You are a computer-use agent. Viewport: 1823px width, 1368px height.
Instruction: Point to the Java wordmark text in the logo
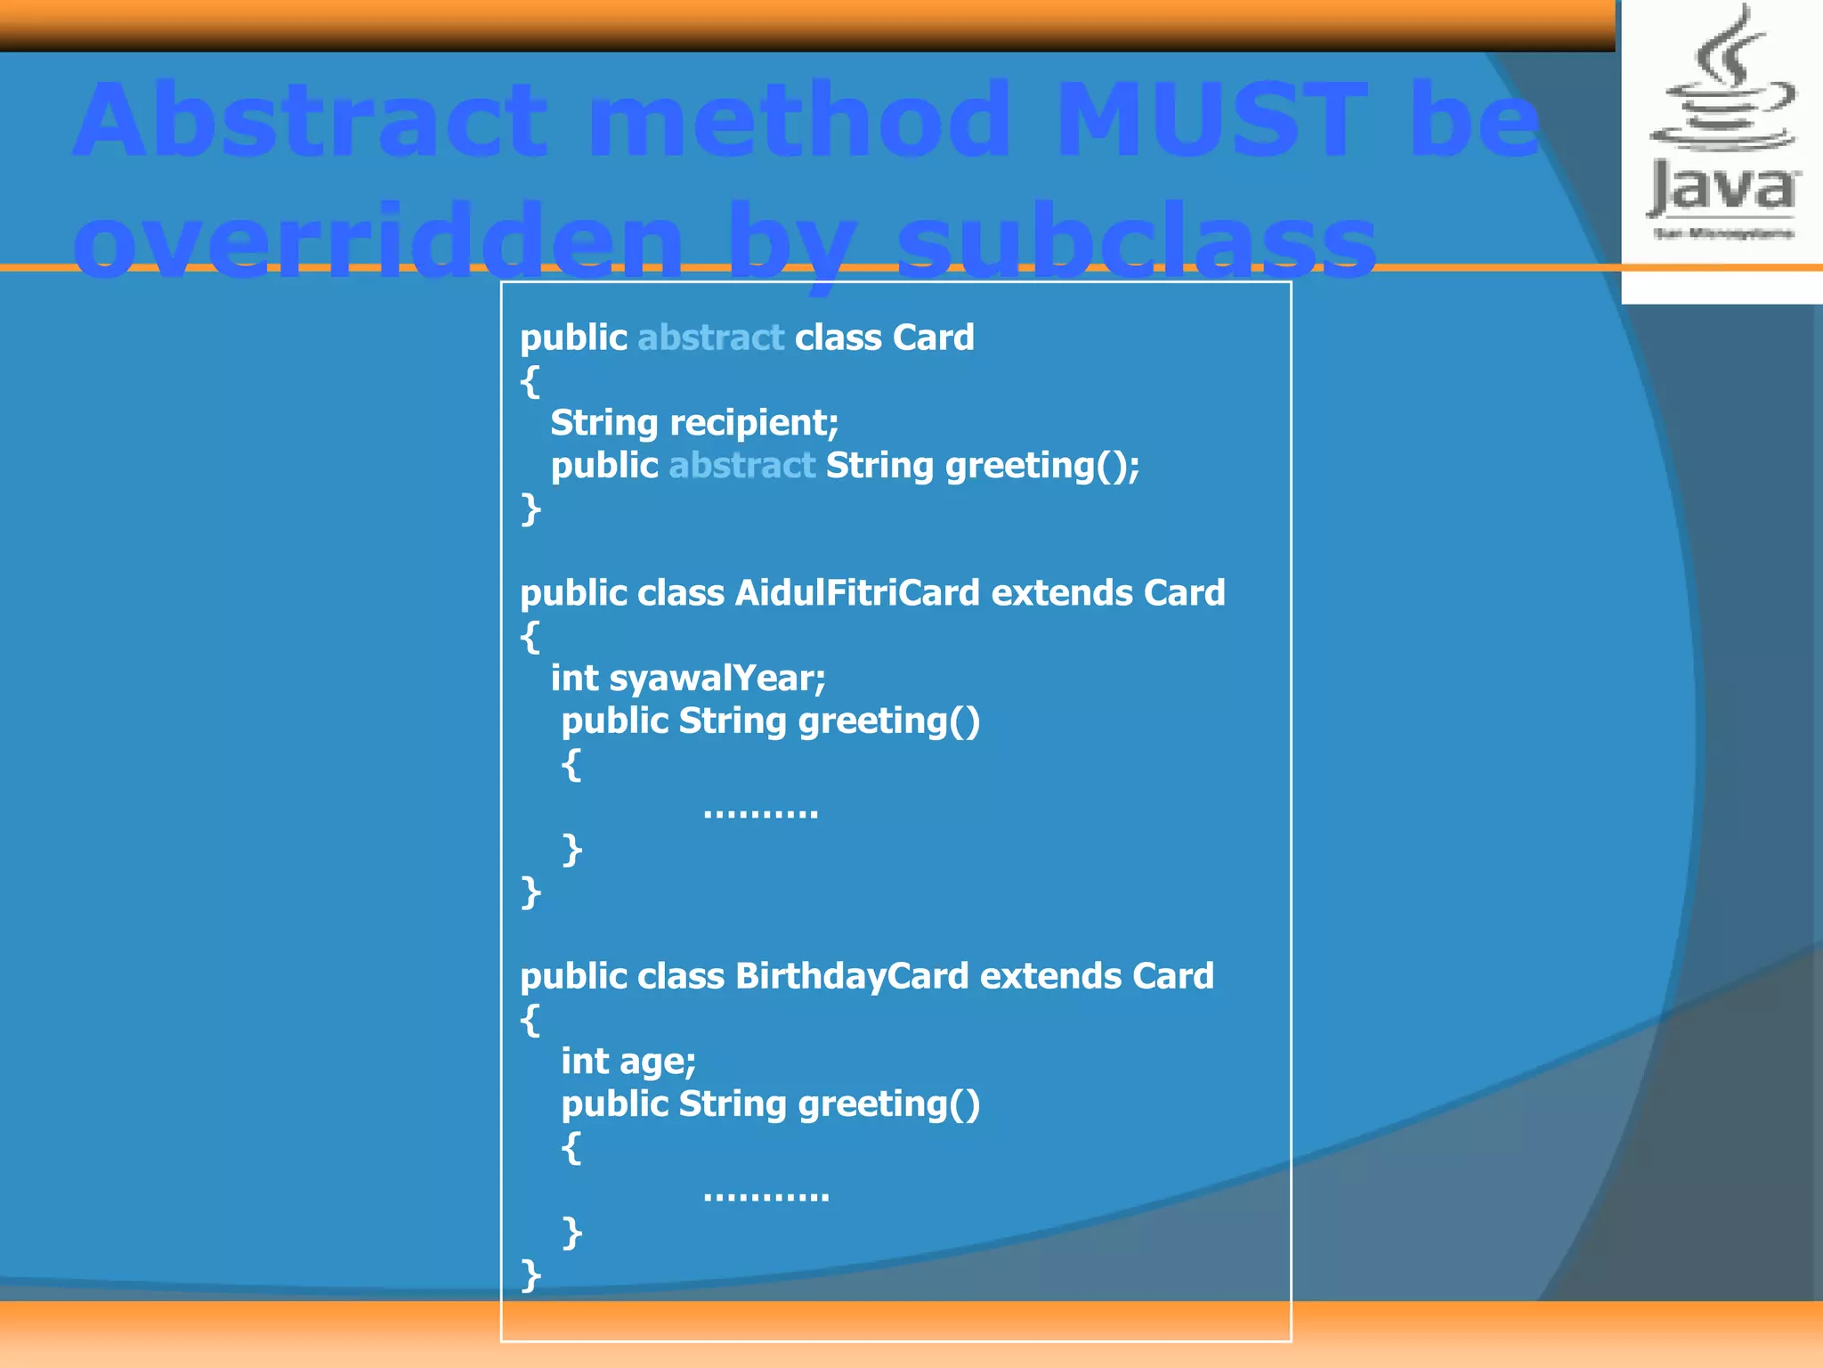tap(1722, 189)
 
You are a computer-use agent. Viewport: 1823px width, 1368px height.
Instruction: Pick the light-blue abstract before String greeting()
tap(741, 466)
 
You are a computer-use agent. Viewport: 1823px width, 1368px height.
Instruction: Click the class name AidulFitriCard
tap(857, 593)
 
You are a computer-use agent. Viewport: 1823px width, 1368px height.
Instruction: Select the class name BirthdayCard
tap(852, 976)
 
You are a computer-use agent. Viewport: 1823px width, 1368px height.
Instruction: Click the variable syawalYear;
tap(717, 679)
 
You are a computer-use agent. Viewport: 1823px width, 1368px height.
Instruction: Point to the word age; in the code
tap(658, 1062)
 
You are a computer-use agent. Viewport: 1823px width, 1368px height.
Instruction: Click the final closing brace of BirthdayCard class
tap(531, 1275)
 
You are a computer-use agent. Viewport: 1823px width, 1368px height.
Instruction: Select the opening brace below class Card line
tap(530, 381)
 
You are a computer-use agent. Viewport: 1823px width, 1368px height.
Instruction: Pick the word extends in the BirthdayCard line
tap(1050, 976)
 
